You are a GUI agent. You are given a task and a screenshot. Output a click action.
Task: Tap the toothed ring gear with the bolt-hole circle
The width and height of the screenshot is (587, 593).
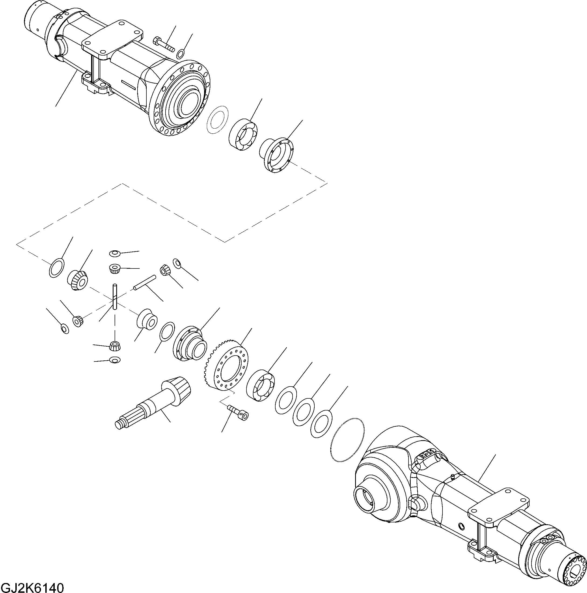click(x=227, y=368)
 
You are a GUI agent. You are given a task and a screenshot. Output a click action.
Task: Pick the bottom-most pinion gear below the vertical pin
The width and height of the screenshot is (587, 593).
click(x=115, y=346)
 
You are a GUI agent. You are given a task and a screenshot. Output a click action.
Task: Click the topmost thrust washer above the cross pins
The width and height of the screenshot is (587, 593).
click(x=115, y=253)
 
